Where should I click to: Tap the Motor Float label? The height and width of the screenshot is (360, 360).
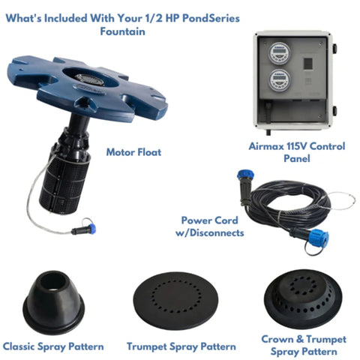tap(134, 151)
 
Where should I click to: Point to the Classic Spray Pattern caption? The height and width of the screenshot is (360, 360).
tap(53, 346)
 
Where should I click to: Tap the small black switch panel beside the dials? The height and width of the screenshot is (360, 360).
tap(308, 63)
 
